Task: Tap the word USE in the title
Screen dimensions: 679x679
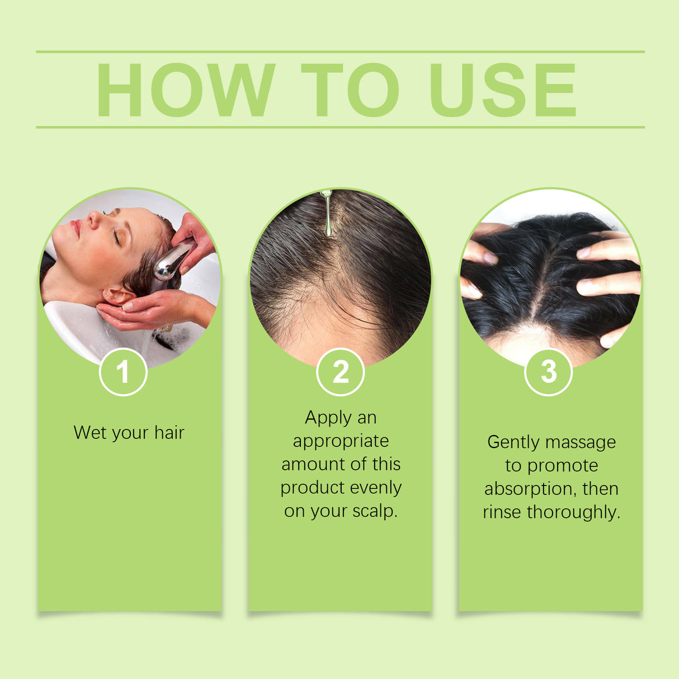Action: point(502,89)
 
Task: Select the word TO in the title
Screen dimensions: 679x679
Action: point(350,89)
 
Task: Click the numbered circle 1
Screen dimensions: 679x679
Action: point(123,372)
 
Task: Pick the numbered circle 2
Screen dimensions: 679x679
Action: point(340,372)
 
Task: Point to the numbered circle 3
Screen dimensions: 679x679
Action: point(549,371)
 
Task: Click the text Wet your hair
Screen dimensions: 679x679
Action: point(129,432)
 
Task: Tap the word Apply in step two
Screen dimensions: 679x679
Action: point(328,418)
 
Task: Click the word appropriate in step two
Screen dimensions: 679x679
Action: point(341,441)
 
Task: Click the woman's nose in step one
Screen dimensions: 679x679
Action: point(94,219)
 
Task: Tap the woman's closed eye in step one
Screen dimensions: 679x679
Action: point(117,238)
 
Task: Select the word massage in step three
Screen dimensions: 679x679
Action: point(582,442)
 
